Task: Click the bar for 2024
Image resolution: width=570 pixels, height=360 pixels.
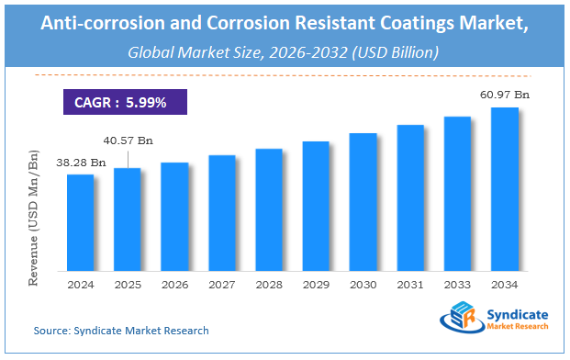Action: point(80,222)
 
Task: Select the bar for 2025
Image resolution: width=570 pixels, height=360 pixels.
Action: point(128,219)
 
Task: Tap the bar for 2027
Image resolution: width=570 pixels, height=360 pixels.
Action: point(221,213)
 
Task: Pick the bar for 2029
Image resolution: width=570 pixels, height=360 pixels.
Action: point(316,206)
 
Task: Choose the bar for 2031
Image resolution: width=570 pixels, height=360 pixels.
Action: point(410,197)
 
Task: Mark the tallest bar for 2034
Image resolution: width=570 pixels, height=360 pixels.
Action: point(505,189)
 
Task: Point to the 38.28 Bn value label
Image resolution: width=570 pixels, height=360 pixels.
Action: point(80,163)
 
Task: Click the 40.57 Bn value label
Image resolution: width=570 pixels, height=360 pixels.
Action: point(128,141)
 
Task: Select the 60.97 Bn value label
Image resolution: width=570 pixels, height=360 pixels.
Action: point(506,94)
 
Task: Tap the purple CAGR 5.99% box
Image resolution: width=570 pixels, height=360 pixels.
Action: point(119,102)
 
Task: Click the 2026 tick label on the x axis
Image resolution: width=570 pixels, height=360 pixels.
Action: point(174,286)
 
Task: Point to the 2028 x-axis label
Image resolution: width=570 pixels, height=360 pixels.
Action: point(268,286)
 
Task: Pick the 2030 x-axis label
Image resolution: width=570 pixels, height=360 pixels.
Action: point(363,286)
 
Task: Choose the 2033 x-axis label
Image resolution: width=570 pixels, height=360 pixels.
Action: point(457,286)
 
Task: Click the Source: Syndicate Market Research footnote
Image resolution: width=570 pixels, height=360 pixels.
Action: point(121,330)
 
